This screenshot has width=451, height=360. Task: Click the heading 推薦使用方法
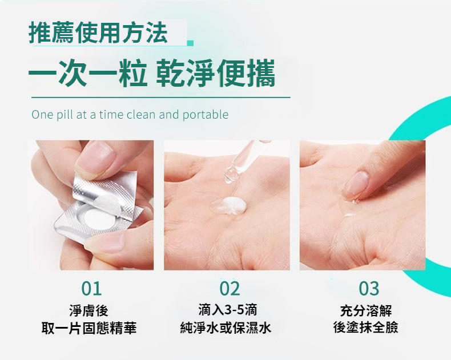(98, 32)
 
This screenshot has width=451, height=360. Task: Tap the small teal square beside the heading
(190, 43)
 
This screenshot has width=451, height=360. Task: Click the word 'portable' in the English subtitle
(206, 115)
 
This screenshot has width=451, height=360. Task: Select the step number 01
(91, 289)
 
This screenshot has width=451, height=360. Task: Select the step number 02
(229, 289)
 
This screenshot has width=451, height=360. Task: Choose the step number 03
(369, 289)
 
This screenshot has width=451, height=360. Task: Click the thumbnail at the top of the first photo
(96, 157)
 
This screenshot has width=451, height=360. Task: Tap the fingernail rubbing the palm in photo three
(356, 184)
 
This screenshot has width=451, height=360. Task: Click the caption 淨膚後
(88, 310)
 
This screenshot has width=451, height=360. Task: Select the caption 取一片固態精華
(89, 328)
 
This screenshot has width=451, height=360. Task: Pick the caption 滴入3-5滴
(228, 310)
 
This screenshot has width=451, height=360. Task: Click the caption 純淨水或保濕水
(226, 328)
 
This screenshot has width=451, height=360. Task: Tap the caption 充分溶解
(366, 310)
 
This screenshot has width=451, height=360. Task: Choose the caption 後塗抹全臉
(366, 327)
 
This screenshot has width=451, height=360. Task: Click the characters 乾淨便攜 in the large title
(215, 73)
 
